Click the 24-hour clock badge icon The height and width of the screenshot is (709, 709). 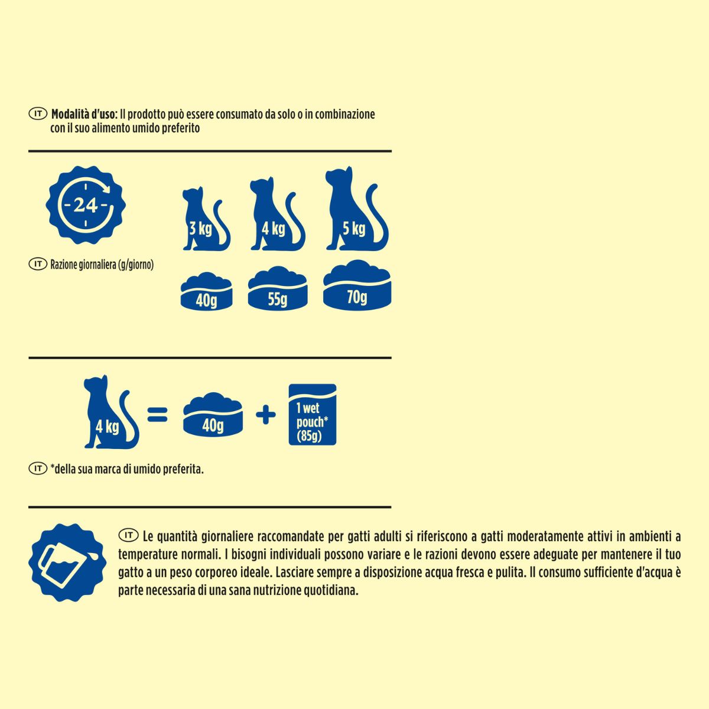86,205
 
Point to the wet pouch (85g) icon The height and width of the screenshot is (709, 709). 313,414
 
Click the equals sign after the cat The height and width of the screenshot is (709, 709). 158,414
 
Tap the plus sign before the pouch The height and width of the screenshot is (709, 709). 266,415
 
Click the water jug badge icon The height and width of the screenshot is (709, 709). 67,563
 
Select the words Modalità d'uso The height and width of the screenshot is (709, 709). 84,115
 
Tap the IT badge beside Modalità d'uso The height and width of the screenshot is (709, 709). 38,113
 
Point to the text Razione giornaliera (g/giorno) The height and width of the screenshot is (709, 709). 102,265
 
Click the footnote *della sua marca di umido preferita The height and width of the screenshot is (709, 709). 127,470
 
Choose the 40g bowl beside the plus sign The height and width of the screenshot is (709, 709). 213,414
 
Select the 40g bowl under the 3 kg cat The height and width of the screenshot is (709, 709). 206,291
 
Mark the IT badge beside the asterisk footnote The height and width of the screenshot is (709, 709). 38,469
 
